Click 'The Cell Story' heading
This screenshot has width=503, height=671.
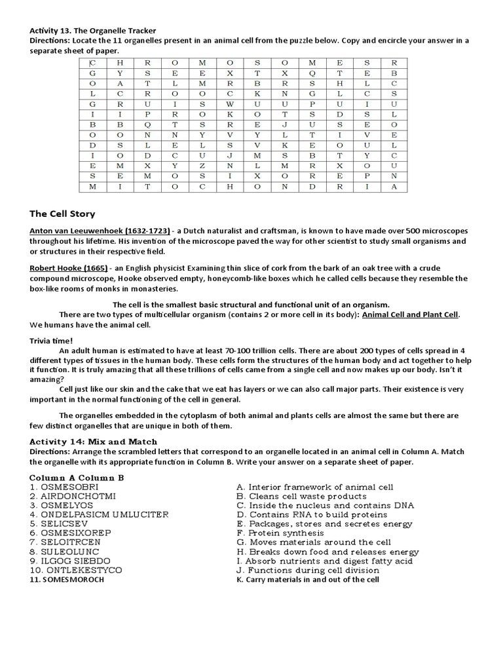[62, 214]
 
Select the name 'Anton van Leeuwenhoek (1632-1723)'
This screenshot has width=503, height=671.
[100, 231]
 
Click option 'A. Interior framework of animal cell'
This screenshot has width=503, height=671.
[314, 488]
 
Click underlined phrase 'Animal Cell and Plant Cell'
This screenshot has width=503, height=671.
[411, 315]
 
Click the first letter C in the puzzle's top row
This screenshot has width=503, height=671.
[92, 63]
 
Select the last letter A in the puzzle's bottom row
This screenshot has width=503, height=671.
[394, 187]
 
